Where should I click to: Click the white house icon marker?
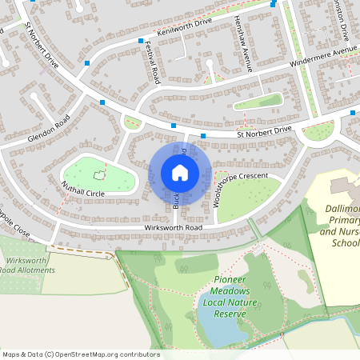point(180,172)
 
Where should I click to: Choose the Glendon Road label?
point(49,129)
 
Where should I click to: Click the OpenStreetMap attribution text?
point(80,354)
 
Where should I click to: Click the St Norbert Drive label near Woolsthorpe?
point(264,134)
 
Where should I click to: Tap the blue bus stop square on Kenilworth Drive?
point(141,41)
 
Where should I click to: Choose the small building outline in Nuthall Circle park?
point(100,174)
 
